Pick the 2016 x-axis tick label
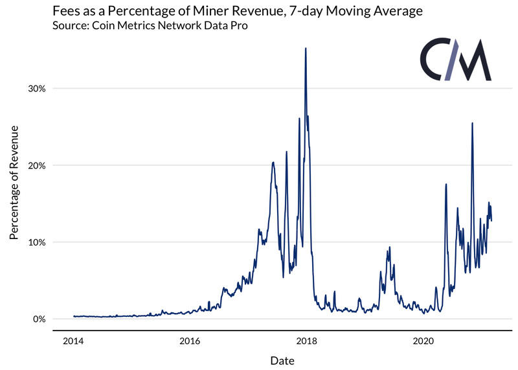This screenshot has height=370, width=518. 189,341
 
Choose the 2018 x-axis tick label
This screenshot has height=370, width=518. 306,341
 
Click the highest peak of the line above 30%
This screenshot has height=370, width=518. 306,49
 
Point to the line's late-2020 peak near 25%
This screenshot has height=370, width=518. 472,123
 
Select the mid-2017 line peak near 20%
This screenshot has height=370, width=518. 273,163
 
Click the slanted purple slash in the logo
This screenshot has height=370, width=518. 448,60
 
